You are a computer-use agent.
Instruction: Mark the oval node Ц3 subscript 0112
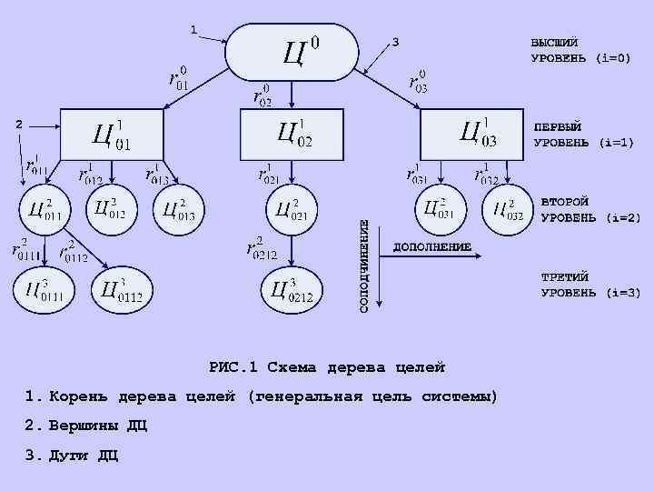tap(122, 289)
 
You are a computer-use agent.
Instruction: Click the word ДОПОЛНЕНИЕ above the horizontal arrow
tap(431, 246)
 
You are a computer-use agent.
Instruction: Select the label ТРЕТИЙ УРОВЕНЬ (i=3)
tap(590, 285)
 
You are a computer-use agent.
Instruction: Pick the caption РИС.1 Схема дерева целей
tap(327, 367)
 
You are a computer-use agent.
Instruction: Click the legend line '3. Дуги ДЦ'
tap(72, 455)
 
